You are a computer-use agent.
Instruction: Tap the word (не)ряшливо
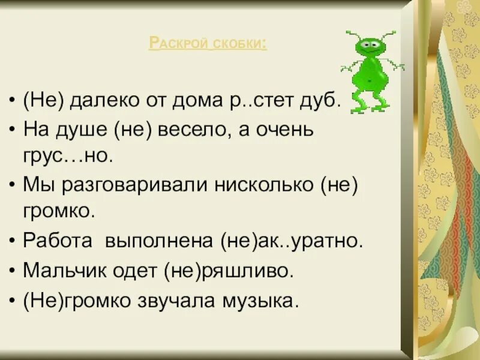228,271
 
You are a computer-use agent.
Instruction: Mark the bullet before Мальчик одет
13,271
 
